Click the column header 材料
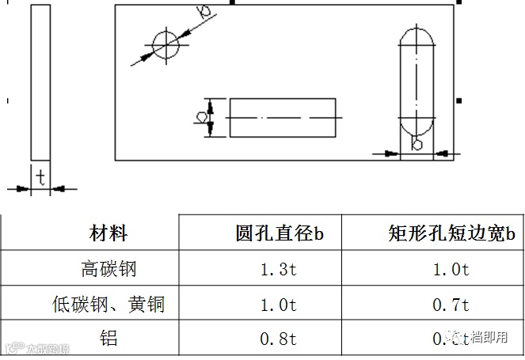tap(108, 233)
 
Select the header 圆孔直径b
tap(280, 233)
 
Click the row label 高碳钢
tap(108, 269)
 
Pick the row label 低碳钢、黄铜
tap(108, 304)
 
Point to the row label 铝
tap(108, 339)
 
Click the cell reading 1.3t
tap(279, 270)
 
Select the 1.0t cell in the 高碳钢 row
tap(451, 270)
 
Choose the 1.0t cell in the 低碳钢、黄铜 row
tap(279, 305)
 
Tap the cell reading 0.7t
tap(451, 305)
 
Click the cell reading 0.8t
tap(279, 339)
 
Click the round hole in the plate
tap(167, 44)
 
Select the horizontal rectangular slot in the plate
tap(282, 117)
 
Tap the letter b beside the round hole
tap(204, 10)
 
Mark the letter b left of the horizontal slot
tap(201, 117)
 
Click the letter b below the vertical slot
tap(417, 144)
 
